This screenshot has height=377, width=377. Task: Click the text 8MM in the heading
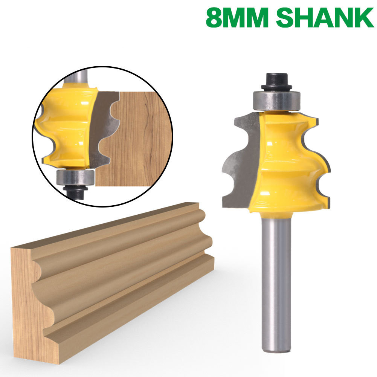[237, 18]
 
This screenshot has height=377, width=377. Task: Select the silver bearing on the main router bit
[276, 101]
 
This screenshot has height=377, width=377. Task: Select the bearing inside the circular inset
[75, 177]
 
